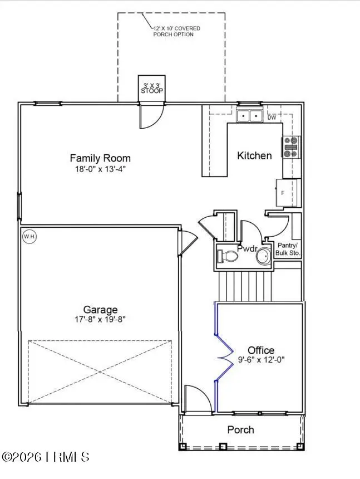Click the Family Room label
pos(100,158)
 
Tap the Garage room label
pos(100,310)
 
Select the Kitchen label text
pos(254,155)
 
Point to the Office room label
pos(261,350)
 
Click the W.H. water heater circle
pos(29,237)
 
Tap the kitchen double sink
pos(249,116)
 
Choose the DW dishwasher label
pos(272,118)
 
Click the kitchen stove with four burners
pos(291,148)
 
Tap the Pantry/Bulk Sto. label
pos(289,249)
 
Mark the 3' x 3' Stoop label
pos(151,88)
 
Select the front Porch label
pos(241,429)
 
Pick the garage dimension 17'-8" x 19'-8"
pos(100,320)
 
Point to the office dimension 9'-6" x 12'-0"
pos(261,360)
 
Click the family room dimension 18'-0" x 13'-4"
pos(100,168)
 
